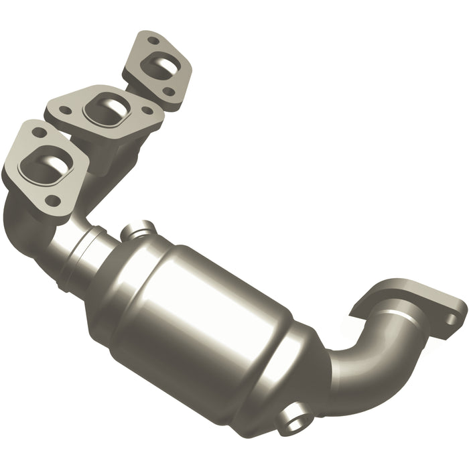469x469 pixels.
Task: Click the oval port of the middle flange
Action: pos(107,107)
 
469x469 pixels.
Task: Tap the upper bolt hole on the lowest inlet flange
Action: pos(39,133)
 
